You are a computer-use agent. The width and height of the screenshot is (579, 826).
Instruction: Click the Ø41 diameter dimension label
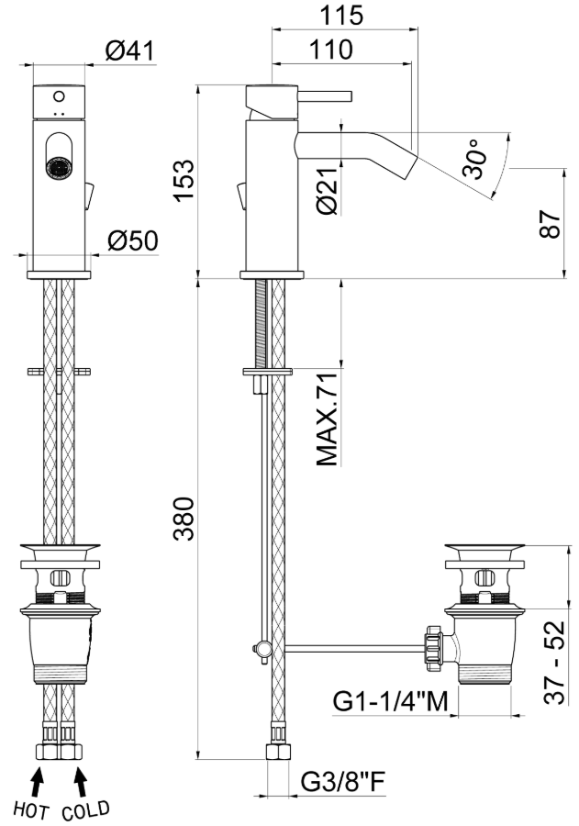tap(130, 51)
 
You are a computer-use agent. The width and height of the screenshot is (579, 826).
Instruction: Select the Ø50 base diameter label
tap(133, 241)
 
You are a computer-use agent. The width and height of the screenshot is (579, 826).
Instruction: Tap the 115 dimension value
tap(342, 16)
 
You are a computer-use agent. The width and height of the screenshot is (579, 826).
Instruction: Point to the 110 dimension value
tap(331, 50)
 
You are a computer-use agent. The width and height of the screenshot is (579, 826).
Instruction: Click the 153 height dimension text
tap(184, 180)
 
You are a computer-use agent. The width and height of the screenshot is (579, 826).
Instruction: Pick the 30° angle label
tap(473, 159)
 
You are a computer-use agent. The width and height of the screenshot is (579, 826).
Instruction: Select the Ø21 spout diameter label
tap(328, 190)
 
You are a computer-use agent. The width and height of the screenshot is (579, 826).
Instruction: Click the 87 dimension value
tap(551, 225)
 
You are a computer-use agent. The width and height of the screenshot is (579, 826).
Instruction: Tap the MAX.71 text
tap(327, 419)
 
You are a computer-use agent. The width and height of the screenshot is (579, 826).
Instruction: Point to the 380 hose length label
tap(184, 519)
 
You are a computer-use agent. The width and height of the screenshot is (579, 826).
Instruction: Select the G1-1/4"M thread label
tap(390, 701)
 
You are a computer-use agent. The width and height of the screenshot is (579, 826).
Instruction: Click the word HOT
tap(31, 809)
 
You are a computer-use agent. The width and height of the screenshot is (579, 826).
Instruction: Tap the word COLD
tap(86, 810)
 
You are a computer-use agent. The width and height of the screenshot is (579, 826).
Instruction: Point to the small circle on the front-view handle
tap(59, 96)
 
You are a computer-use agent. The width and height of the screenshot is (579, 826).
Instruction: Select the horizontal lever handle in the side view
tap(325, 95)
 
